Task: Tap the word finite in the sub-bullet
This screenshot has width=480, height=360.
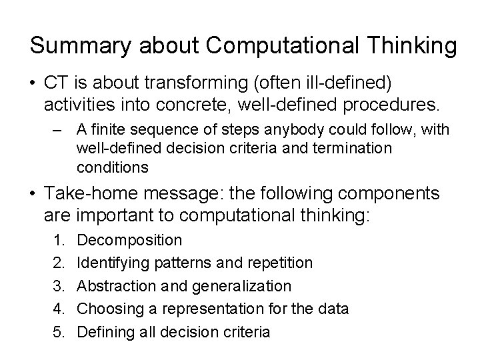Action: pyautogui.click(x=111, y=129)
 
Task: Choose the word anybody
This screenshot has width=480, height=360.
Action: pyautogui.click(x=289, y=129)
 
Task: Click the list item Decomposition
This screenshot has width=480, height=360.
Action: pyautogui.click(x=129, y=240)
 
